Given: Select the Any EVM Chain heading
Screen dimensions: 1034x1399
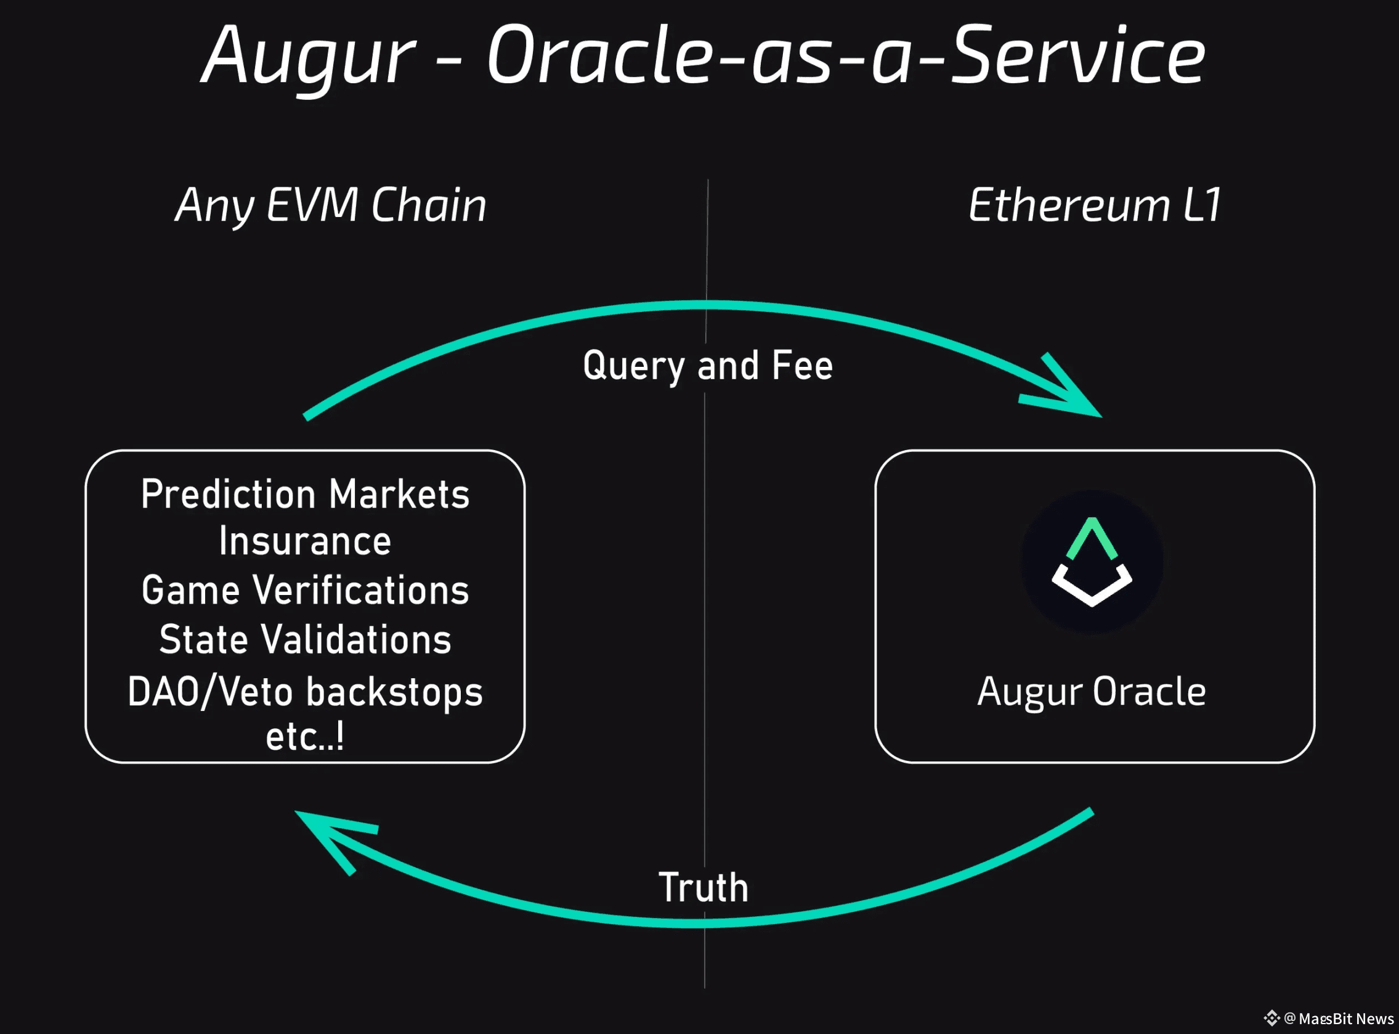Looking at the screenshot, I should [x=331, y=205].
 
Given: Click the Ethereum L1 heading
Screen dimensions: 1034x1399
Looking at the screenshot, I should [x=1095, y=205].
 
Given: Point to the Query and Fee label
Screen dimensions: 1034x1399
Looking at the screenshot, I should [x=707, y=366].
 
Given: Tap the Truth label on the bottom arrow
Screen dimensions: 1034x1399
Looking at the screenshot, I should [x=704, y=887].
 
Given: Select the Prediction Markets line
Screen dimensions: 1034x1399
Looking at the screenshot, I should [x=305, y=494].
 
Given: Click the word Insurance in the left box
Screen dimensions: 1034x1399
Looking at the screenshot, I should [x=305, y=541].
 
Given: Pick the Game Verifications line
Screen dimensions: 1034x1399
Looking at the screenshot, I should [x=305, y=590].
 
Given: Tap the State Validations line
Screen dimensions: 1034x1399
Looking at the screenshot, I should [x=305, y=639].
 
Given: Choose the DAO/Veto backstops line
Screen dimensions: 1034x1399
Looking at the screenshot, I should [x=305, y=692].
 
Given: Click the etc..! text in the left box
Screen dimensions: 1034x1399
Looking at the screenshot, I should [x=305, y=737].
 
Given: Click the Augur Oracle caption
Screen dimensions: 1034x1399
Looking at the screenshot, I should [x=1092, y=692].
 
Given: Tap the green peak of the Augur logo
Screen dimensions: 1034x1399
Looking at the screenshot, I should [x=1092, y=535].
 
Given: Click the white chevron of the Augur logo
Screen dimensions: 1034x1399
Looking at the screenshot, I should [x=1092, y=588].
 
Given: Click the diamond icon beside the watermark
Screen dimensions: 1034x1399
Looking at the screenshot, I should [x=1271, y=1019].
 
